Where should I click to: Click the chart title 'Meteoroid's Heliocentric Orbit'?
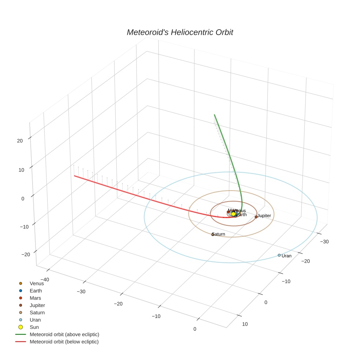(180, 33)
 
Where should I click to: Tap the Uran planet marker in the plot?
(279, 255)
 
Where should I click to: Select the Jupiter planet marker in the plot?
(256, 217)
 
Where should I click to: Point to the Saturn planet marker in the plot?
(213, 235)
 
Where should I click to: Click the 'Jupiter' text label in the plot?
(264, 216)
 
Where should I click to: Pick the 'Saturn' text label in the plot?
(219, 234)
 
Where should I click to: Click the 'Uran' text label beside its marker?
(286, 256)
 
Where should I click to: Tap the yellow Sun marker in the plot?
(233, 214)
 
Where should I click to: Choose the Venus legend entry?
(37, 283)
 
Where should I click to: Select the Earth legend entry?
(36, 290)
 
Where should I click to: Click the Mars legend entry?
(35, 298)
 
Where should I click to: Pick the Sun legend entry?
(34, 327)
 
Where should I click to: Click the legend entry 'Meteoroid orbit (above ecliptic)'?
(64, 334)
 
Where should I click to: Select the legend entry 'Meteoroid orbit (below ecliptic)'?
(64, 342)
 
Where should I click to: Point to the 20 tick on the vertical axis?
(20, 140)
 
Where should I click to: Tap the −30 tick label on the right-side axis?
(324, 241)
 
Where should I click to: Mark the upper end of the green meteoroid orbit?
(214, 115)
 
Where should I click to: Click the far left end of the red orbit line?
(75, 176)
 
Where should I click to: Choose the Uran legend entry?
(35, 320)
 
